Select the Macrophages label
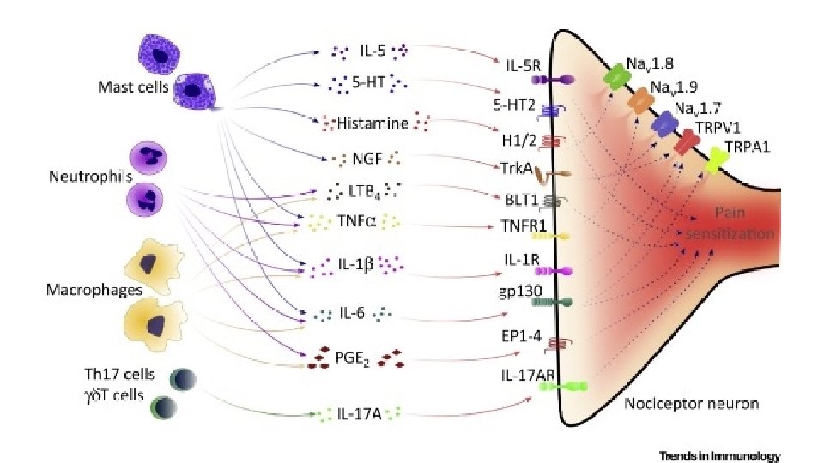(82, 291)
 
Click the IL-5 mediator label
(372, 51)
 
